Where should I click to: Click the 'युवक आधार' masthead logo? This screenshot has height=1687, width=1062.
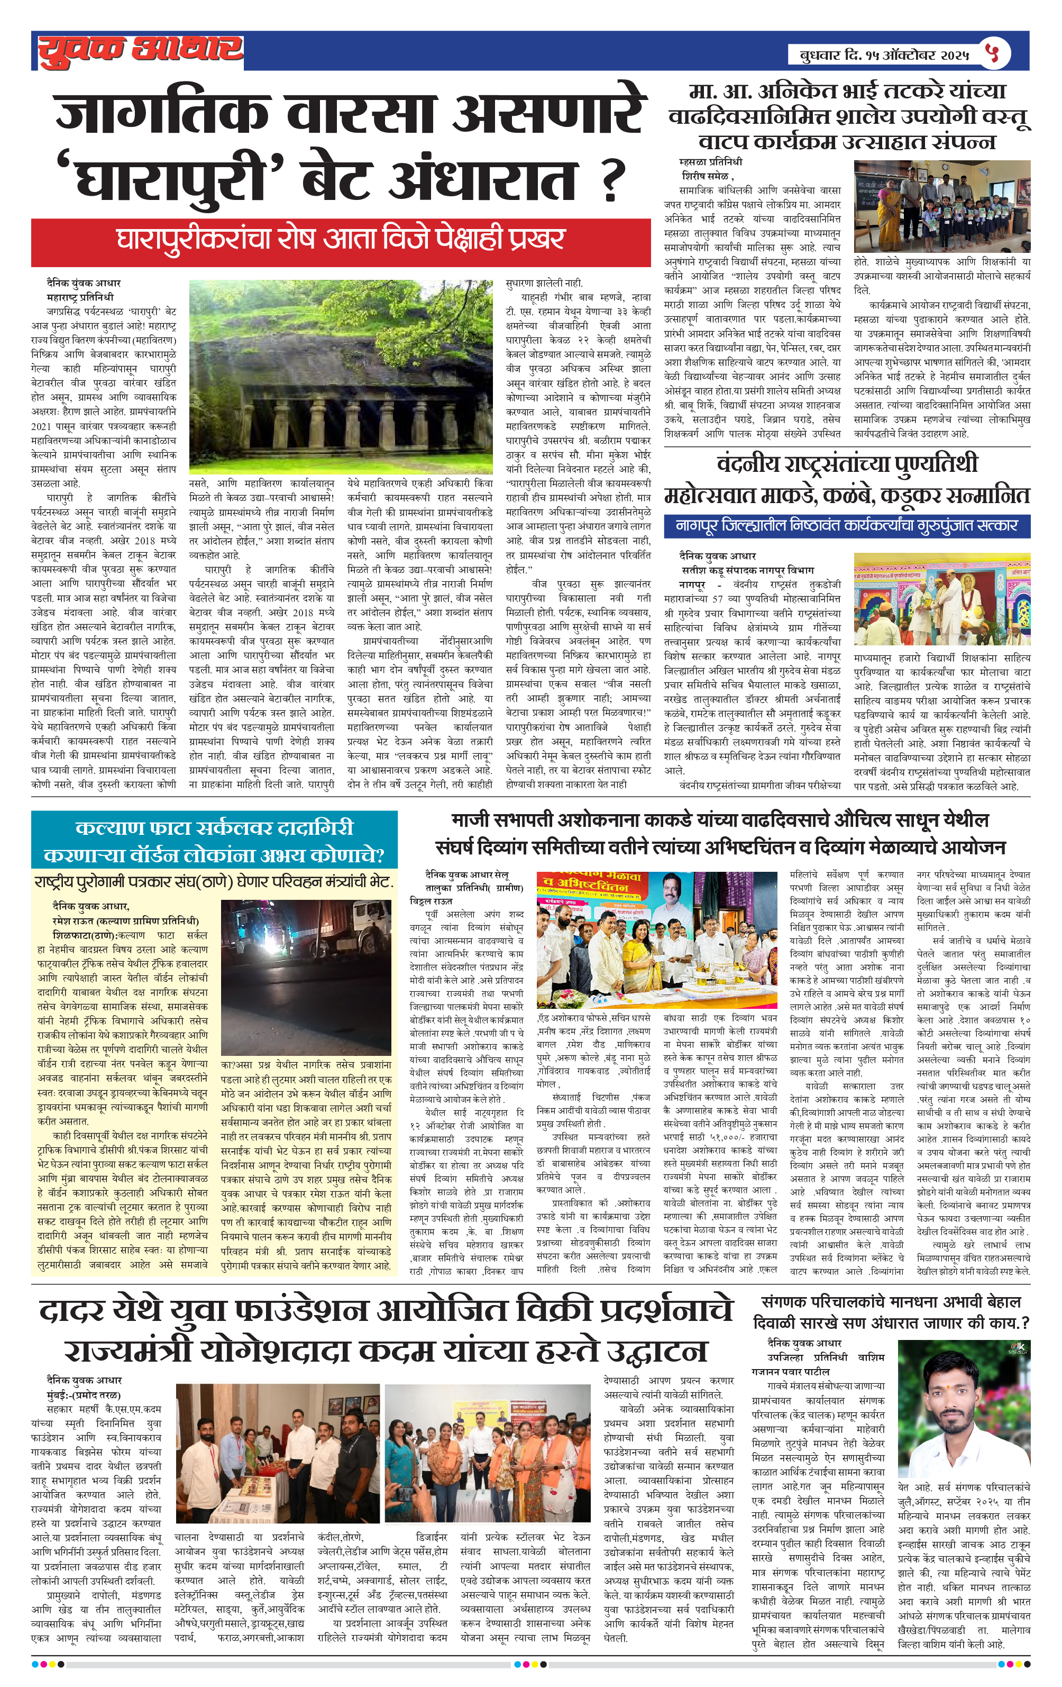point(140,50)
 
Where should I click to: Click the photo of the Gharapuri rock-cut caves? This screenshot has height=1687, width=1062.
point(341,377)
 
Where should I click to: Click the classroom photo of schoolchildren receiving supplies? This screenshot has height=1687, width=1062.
point(941,206)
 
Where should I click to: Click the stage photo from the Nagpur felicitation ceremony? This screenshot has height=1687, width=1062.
point(941,600)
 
